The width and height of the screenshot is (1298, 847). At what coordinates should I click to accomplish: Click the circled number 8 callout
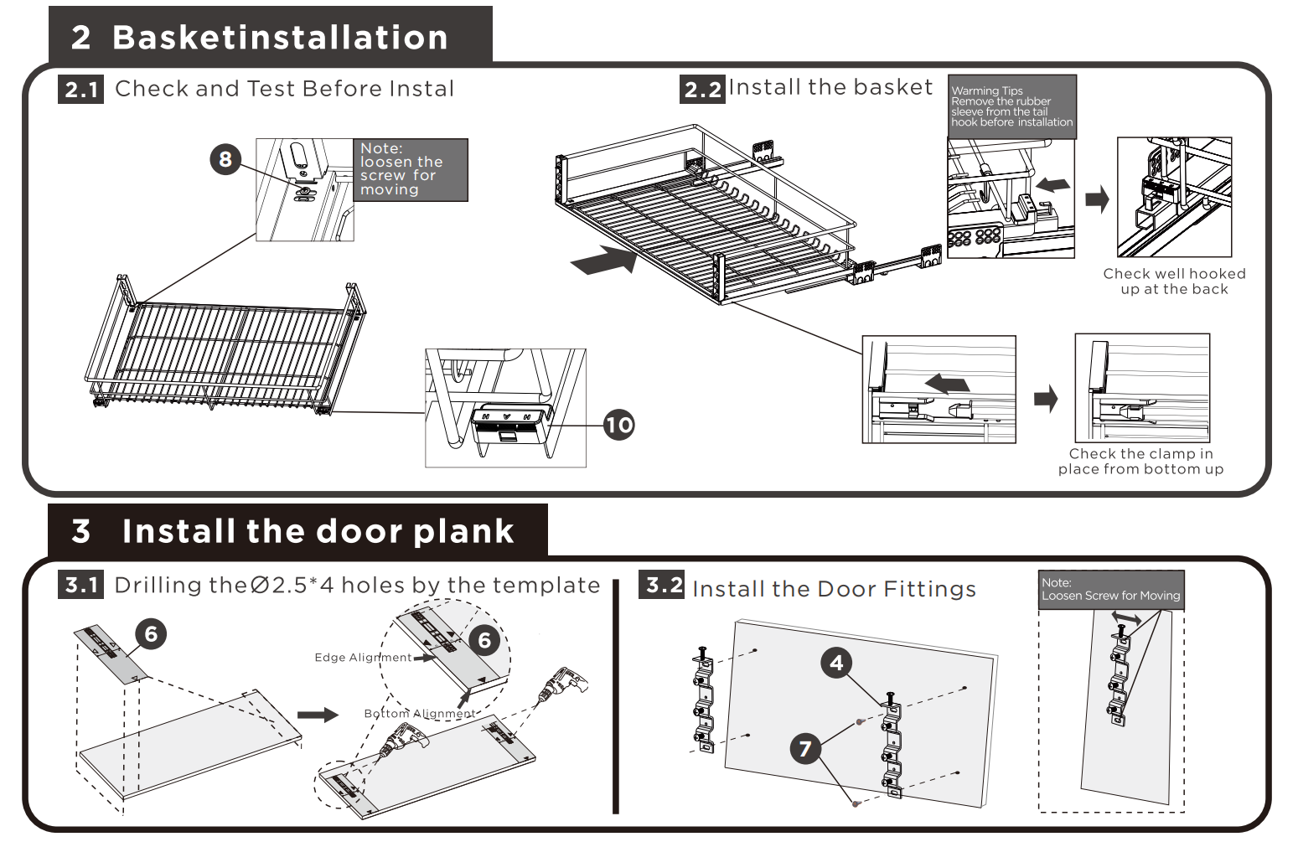point(225,159)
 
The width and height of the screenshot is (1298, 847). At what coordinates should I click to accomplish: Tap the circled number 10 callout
point(618,425)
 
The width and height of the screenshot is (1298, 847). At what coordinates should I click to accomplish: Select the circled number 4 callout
point(836,664)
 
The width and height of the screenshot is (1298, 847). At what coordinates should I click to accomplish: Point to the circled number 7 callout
point(805,747)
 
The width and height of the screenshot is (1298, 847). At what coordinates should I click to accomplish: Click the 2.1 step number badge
point(82,90)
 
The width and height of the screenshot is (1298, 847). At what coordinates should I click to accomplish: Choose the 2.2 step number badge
point(702,90)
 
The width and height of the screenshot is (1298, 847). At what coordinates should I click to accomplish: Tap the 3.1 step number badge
point(82,585)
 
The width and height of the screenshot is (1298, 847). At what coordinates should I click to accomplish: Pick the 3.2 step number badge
point(665,585)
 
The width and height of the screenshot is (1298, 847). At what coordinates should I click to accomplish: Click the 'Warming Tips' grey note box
point(1011,106)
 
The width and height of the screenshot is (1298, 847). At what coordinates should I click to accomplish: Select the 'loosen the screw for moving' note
point(410,169)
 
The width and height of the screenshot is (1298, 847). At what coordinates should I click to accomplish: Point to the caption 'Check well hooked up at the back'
point(1174,281)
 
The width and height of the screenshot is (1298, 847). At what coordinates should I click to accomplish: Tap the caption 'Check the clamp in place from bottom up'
point(1140,462)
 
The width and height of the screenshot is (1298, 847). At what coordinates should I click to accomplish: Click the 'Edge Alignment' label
point(363,658)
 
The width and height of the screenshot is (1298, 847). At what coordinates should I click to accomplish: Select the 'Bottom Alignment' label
point(419,714)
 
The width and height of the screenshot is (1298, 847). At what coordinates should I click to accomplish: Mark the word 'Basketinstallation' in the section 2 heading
point(280,38)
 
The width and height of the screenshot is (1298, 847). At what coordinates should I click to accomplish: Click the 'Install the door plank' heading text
point(318,531)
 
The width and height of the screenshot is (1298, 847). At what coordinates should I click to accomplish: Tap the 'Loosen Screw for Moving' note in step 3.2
point(1110,590)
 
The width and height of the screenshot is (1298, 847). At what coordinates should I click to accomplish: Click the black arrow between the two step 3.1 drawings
point(318,715)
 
